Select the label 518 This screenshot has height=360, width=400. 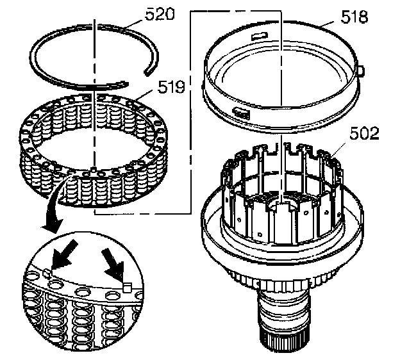click(x=354, y=17)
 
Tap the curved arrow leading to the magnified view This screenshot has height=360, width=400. click(x=51, y=211)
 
